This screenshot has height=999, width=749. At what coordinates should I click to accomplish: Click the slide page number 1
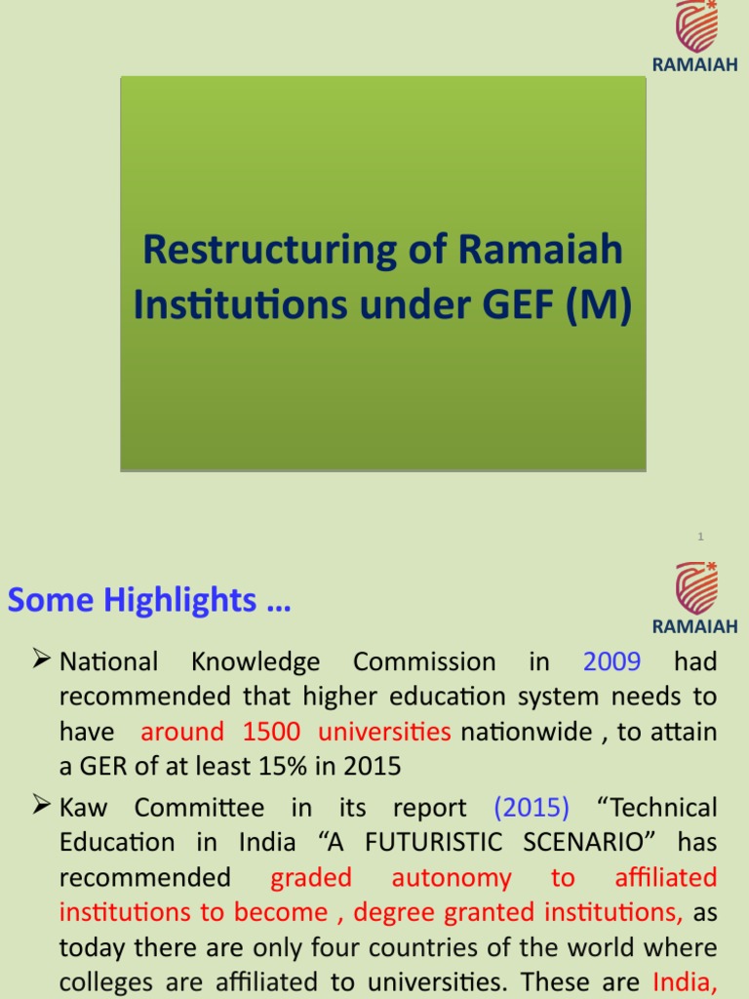(x=700, y=537)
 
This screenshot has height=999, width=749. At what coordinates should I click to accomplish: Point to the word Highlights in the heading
(x=201, y=601)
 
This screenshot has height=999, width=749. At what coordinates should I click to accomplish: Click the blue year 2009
(x=611, y=661)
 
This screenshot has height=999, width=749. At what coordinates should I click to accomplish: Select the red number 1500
(x=272, y=731)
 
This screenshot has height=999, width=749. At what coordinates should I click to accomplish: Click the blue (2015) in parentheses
(x=532, y=808)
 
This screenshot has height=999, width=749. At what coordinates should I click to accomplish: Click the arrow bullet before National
(x=41, y=661)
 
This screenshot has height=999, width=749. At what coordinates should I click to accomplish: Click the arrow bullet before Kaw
(x=41, y=807)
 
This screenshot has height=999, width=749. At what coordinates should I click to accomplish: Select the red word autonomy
(x=451, y=877)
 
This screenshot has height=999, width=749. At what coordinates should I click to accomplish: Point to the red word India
(x=684, y=981)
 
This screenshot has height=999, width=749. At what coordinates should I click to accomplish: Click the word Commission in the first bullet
(x=424, y=661)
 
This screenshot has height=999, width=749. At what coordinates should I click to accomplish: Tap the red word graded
(x=310, y=877)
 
